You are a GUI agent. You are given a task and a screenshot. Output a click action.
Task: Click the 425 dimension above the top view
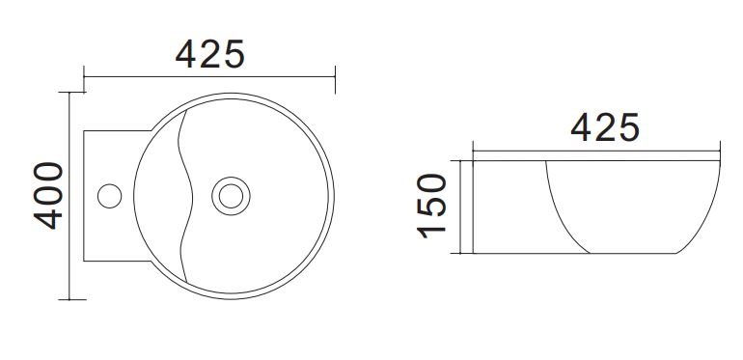pos(210,54)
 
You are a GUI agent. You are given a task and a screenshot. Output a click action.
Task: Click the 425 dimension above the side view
pos(605,127)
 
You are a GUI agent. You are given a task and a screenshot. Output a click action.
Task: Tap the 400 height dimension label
pos(48,196)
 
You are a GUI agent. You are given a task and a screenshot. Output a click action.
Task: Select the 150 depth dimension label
pos(431,206)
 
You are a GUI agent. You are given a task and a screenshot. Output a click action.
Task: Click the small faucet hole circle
pos(109,196)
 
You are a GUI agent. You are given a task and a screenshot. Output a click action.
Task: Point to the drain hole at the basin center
pos(231,196)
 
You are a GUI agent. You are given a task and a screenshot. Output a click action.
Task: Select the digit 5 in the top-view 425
pos(234,54)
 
